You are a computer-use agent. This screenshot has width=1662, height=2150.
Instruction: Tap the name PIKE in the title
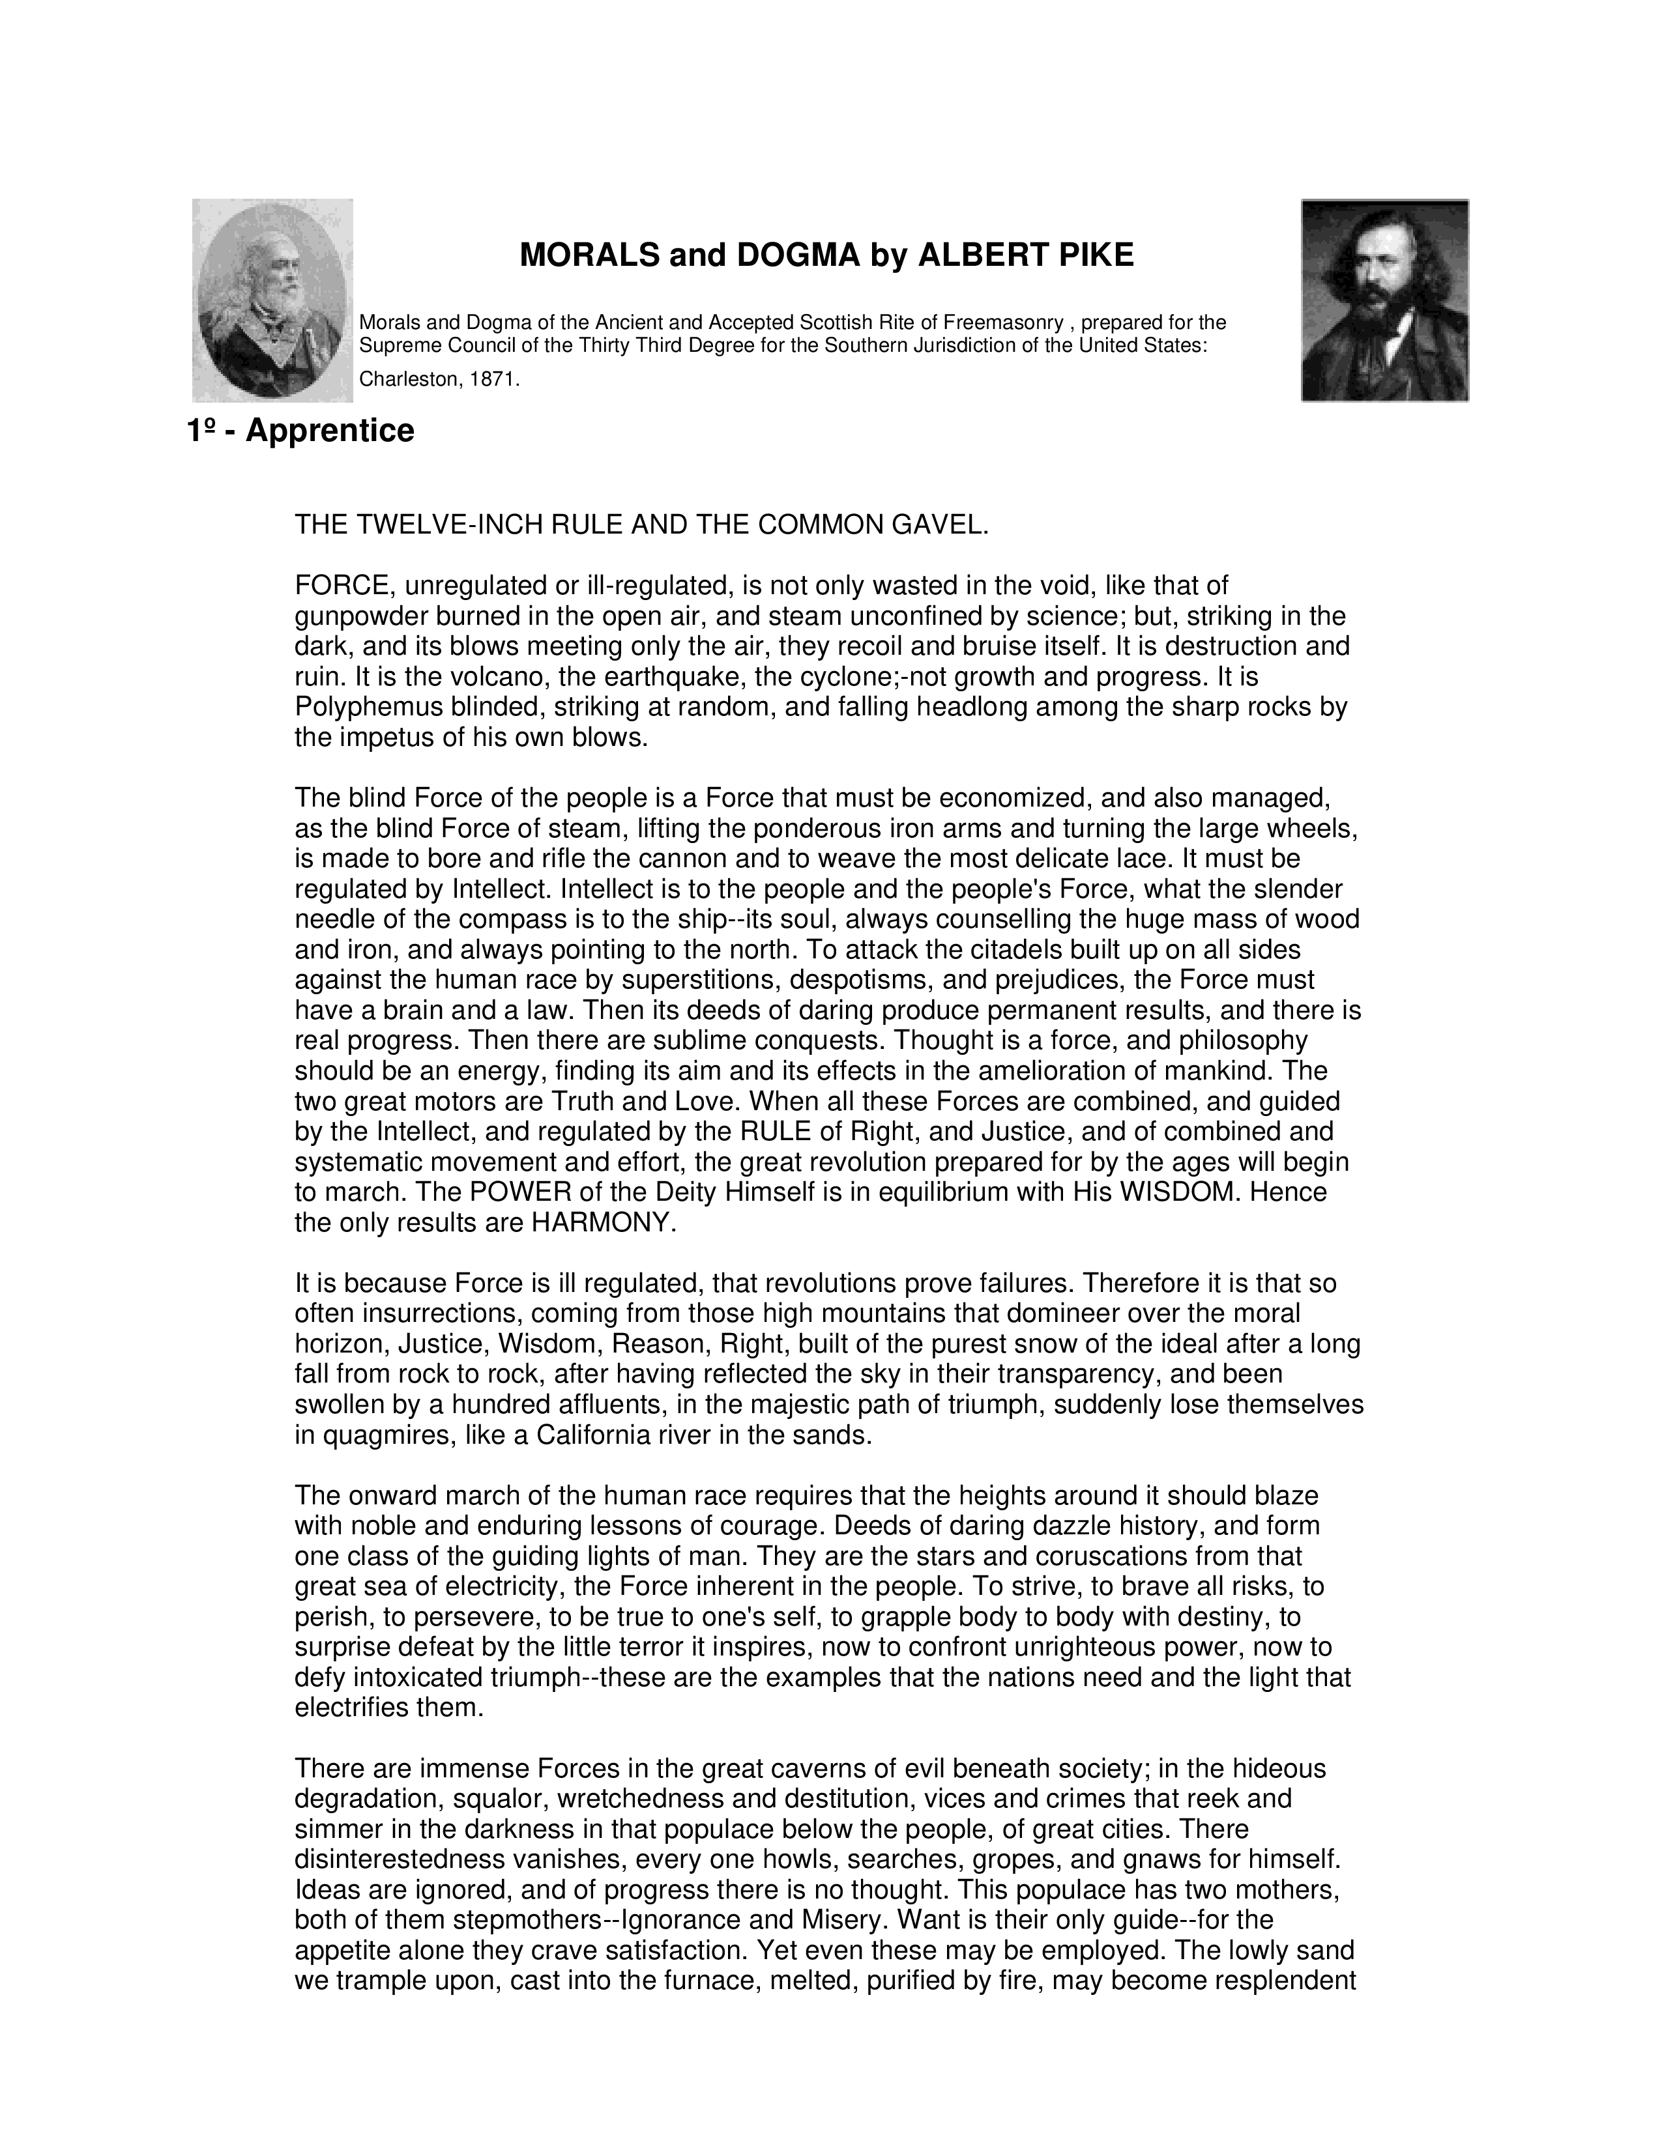click(x=1095, y=256)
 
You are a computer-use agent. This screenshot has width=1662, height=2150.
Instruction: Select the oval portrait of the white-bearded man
click(x=272, y=300)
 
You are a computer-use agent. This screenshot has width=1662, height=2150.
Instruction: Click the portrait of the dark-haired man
click(x=1384, y=300)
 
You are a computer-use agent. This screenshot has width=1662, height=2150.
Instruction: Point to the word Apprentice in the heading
click(x=330, y=431)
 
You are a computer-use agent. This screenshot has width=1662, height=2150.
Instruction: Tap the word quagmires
click(x=378, y=1435)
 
